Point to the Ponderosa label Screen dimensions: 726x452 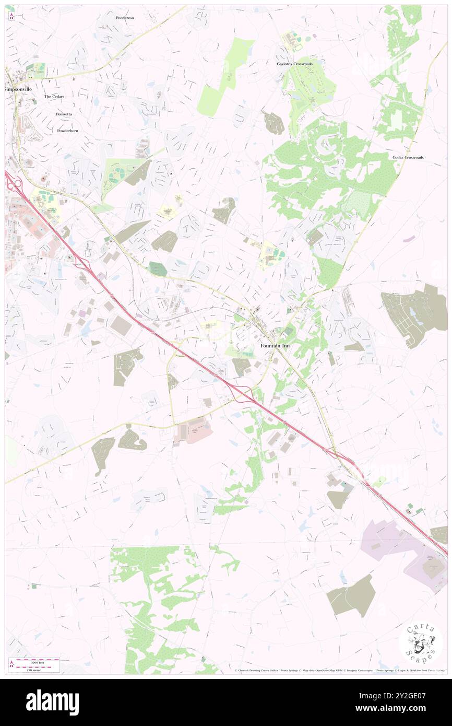tap(125, 18)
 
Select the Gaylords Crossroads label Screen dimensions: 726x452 tap(294, 64)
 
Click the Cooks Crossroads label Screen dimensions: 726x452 tap(408, 157)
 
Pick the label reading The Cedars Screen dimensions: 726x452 tap(54, 97)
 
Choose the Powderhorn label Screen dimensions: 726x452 tap(67, 131)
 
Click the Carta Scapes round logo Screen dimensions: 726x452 tap(420, 643)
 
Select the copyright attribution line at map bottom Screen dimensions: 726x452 tap(339, 671)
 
